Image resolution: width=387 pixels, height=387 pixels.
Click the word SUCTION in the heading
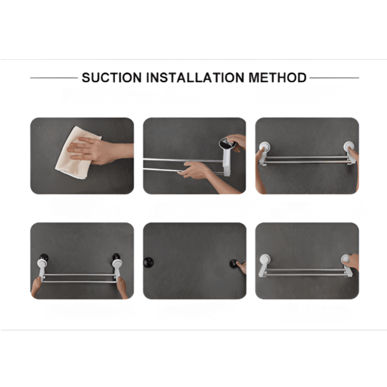(x=112, y=77)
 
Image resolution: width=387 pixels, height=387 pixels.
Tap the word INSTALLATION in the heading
(x=195, y=77)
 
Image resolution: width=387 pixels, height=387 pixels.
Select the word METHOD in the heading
(x=277, y=77)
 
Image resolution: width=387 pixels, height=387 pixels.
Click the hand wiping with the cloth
(x=99, y=151)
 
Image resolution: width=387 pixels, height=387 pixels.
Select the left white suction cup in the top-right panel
(x=264, y=147)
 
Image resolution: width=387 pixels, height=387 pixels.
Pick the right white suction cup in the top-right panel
(x=349, y=147)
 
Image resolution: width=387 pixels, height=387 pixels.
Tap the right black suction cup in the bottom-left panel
(x=116, y=257)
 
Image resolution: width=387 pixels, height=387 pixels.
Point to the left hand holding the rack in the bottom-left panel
(x=37, y=287)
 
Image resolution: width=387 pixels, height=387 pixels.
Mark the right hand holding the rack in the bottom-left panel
(x=122, y=287)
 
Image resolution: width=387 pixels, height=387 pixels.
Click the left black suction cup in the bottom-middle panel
(x=149, y=262)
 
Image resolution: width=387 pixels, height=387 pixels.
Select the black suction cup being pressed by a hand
(x=234, y=264)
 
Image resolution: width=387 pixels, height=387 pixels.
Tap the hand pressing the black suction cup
(x=241, y=268)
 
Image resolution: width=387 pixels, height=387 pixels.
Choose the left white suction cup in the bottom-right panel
(x=265, y=259)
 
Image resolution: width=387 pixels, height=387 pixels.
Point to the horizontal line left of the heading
(x=54, y=78)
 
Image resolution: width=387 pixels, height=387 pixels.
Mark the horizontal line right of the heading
(x=334, y=78)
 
